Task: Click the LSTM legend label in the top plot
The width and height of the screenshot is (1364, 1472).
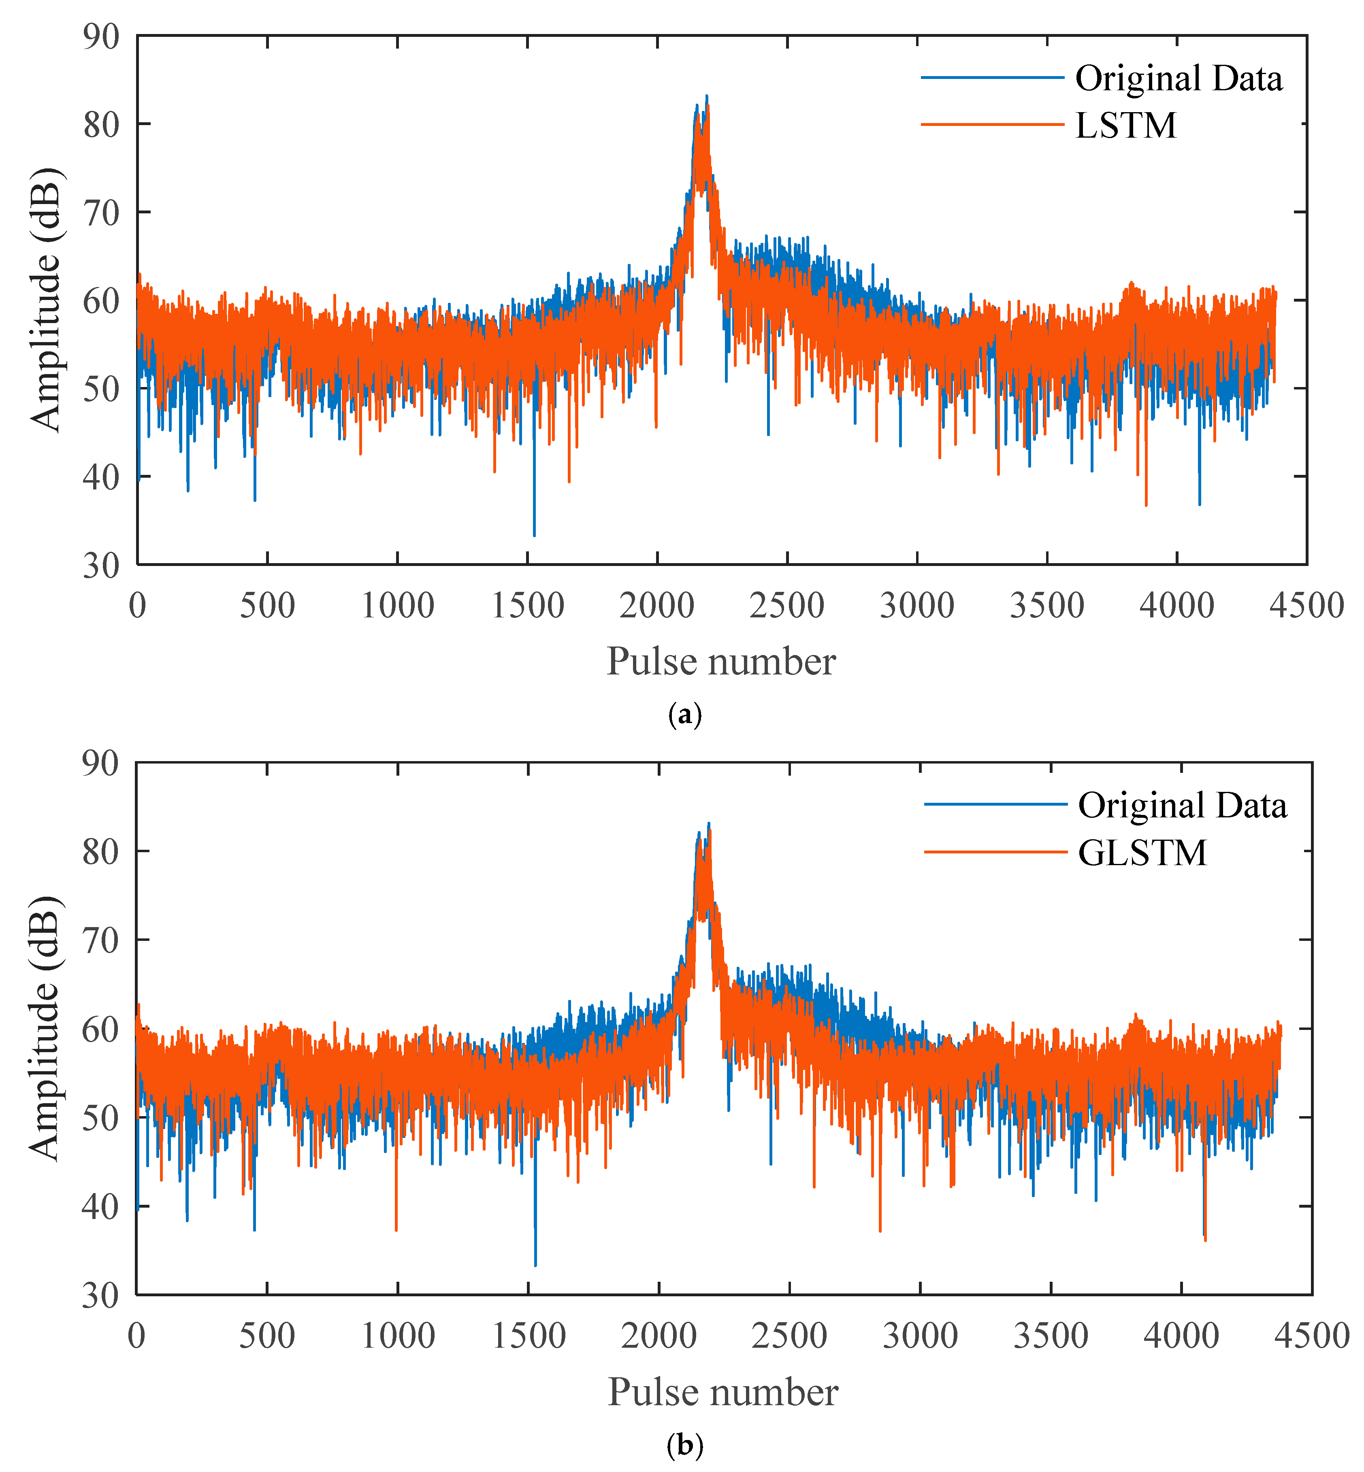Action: [x=1125, y=126]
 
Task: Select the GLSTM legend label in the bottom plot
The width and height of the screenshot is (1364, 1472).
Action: [x=1142, y=853]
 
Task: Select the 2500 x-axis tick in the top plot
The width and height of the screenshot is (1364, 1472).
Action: [x=787, y=606]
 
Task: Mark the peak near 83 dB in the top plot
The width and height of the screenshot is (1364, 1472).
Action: [x=706, y=97]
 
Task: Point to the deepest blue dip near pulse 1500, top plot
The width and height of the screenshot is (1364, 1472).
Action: [x=534, y=534]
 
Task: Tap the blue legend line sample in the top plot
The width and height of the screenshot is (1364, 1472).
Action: [x=992, y=77]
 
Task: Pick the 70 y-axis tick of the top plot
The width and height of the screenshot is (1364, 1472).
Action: [x=101, y=213]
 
